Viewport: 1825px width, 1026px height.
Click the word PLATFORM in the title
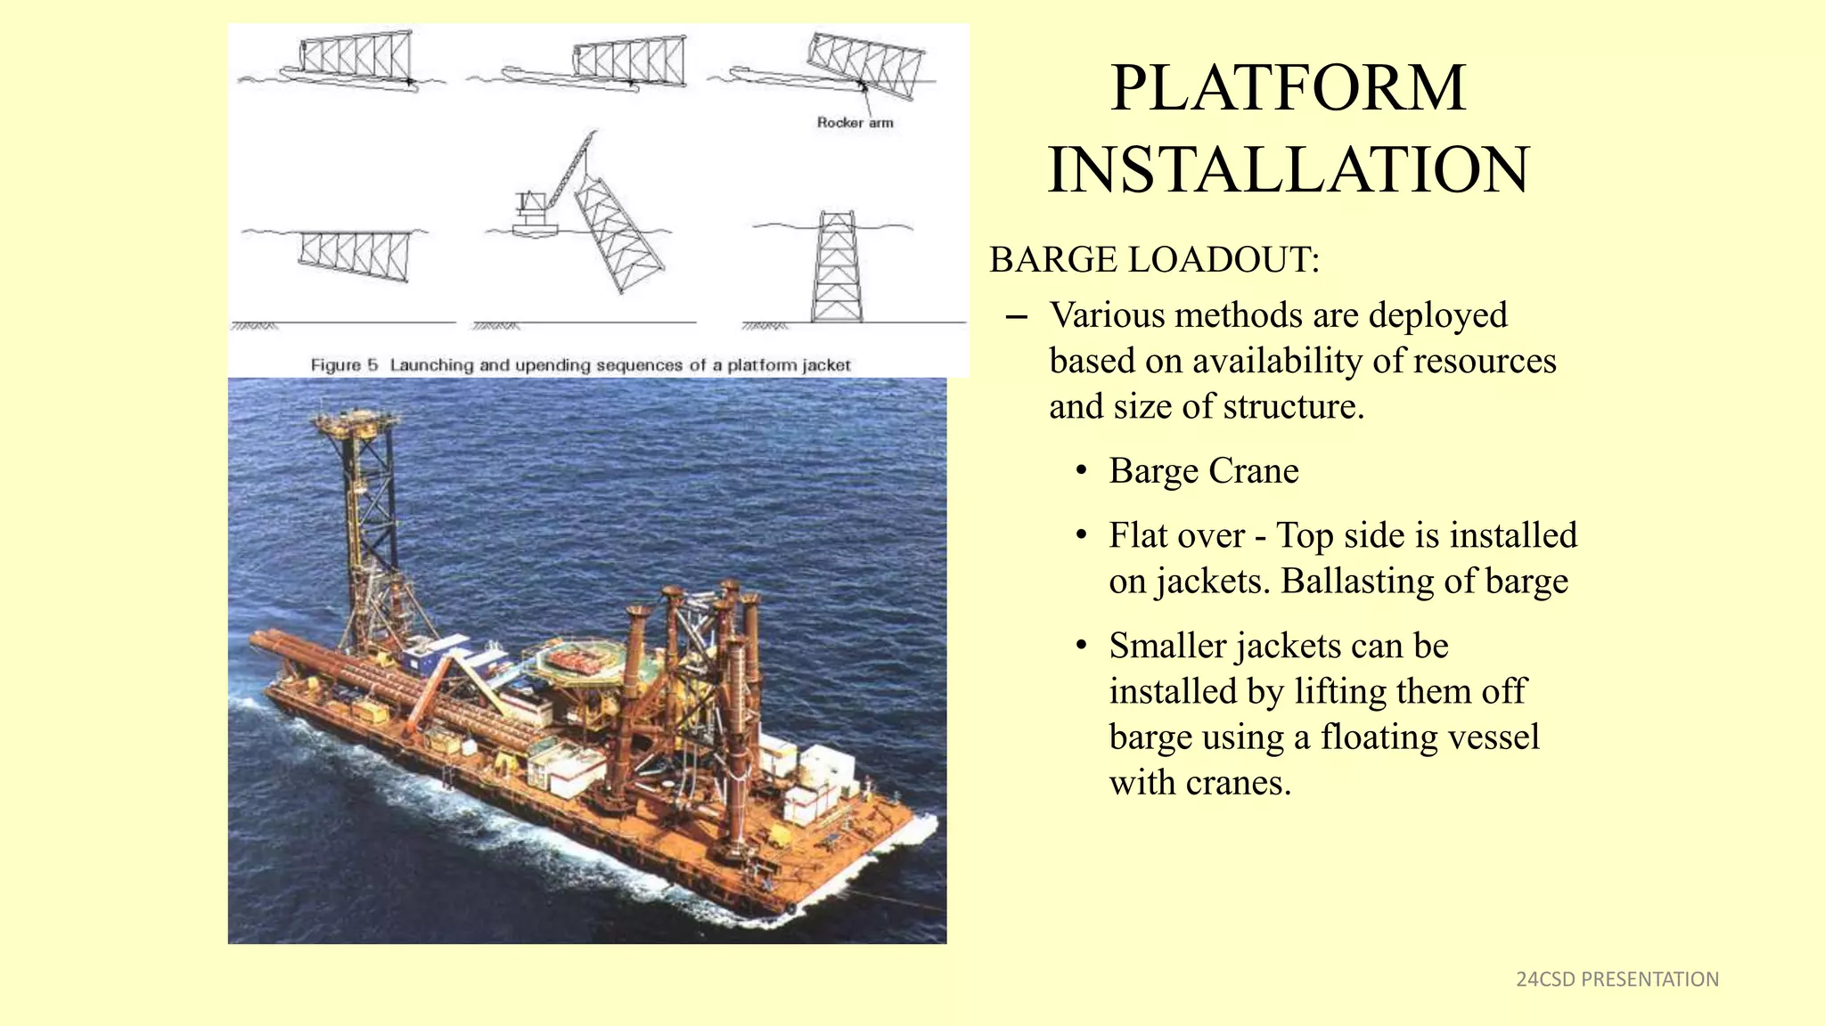(1288, 88)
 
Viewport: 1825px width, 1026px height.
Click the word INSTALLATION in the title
(1288, 170)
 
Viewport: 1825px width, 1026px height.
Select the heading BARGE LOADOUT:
(1154, 260)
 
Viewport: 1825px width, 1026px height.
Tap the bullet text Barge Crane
(1203, 471)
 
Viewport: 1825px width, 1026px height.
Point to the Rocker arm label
(854, 123)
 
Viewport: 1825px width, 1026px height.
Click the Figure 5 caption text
(580, 365)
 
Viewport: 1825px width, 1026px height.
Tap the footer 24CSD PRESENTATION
(1616, 980)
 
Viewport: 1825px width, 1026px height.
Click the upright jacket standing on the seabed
(836, 267)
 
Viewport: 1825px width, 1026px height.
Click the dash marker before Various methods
(1015, 317)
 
